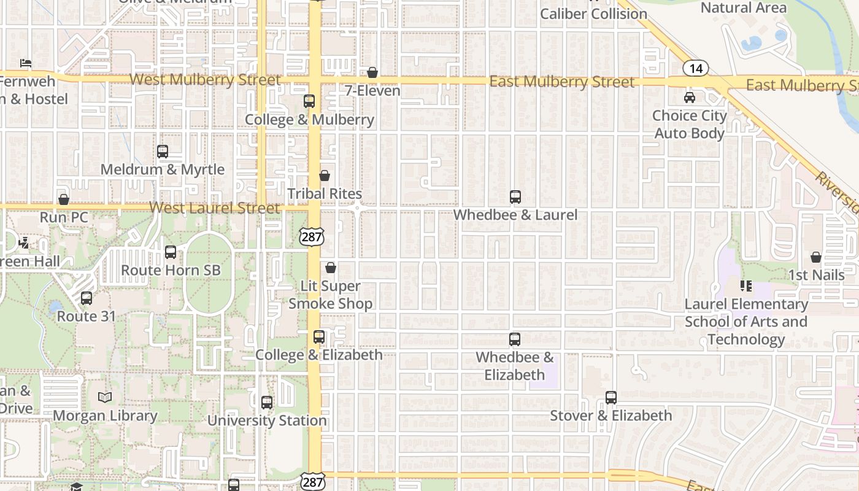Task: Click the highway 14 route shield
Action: (695, 68)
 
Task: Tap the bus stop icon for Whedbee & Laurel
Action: (515, 197)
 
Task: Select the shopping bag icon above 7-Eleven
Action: (372, 73)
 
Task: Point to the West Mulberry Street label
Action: (206, 80)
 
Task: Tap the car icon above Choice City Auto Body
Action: (690, 98)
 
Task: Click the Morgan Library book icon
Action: (105, 398)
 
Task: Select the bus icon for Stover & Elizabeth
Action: (611, 397)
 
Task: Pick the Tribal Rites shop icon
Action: (325, 176)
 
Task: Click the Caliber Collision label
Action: (593, 14)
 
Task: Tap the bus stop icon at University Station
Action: (267, 403)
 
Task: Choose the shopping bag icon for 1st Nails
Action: (816, 257)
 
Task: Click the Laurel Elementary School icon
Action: (746, 286)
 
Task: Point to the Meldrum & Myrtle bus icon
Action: (163, 152)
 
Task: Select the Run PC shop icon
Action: (64, 199)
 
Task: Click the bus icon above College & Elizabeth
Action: (319, 337)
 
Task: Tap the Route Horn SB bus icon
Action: (171, 252)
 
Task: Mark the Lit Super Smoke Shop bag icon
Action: (331, 268)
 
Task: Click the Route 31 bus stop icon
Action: (87, 299)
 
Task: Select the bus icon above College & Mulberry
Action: (309, 101)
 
